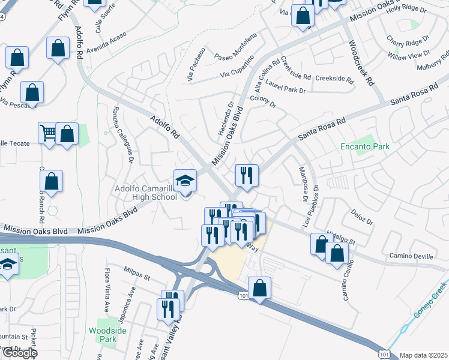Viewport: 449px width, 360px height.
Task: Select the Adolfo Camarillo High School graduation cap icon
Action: coord(185,180)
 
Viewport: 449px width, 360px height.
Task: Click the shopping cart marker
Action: coord(48,133)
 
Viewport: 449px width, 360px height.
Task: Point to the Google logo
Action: coord(19,353)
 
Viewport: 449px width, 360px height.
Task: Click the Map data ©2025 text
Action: coord(423,355)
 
